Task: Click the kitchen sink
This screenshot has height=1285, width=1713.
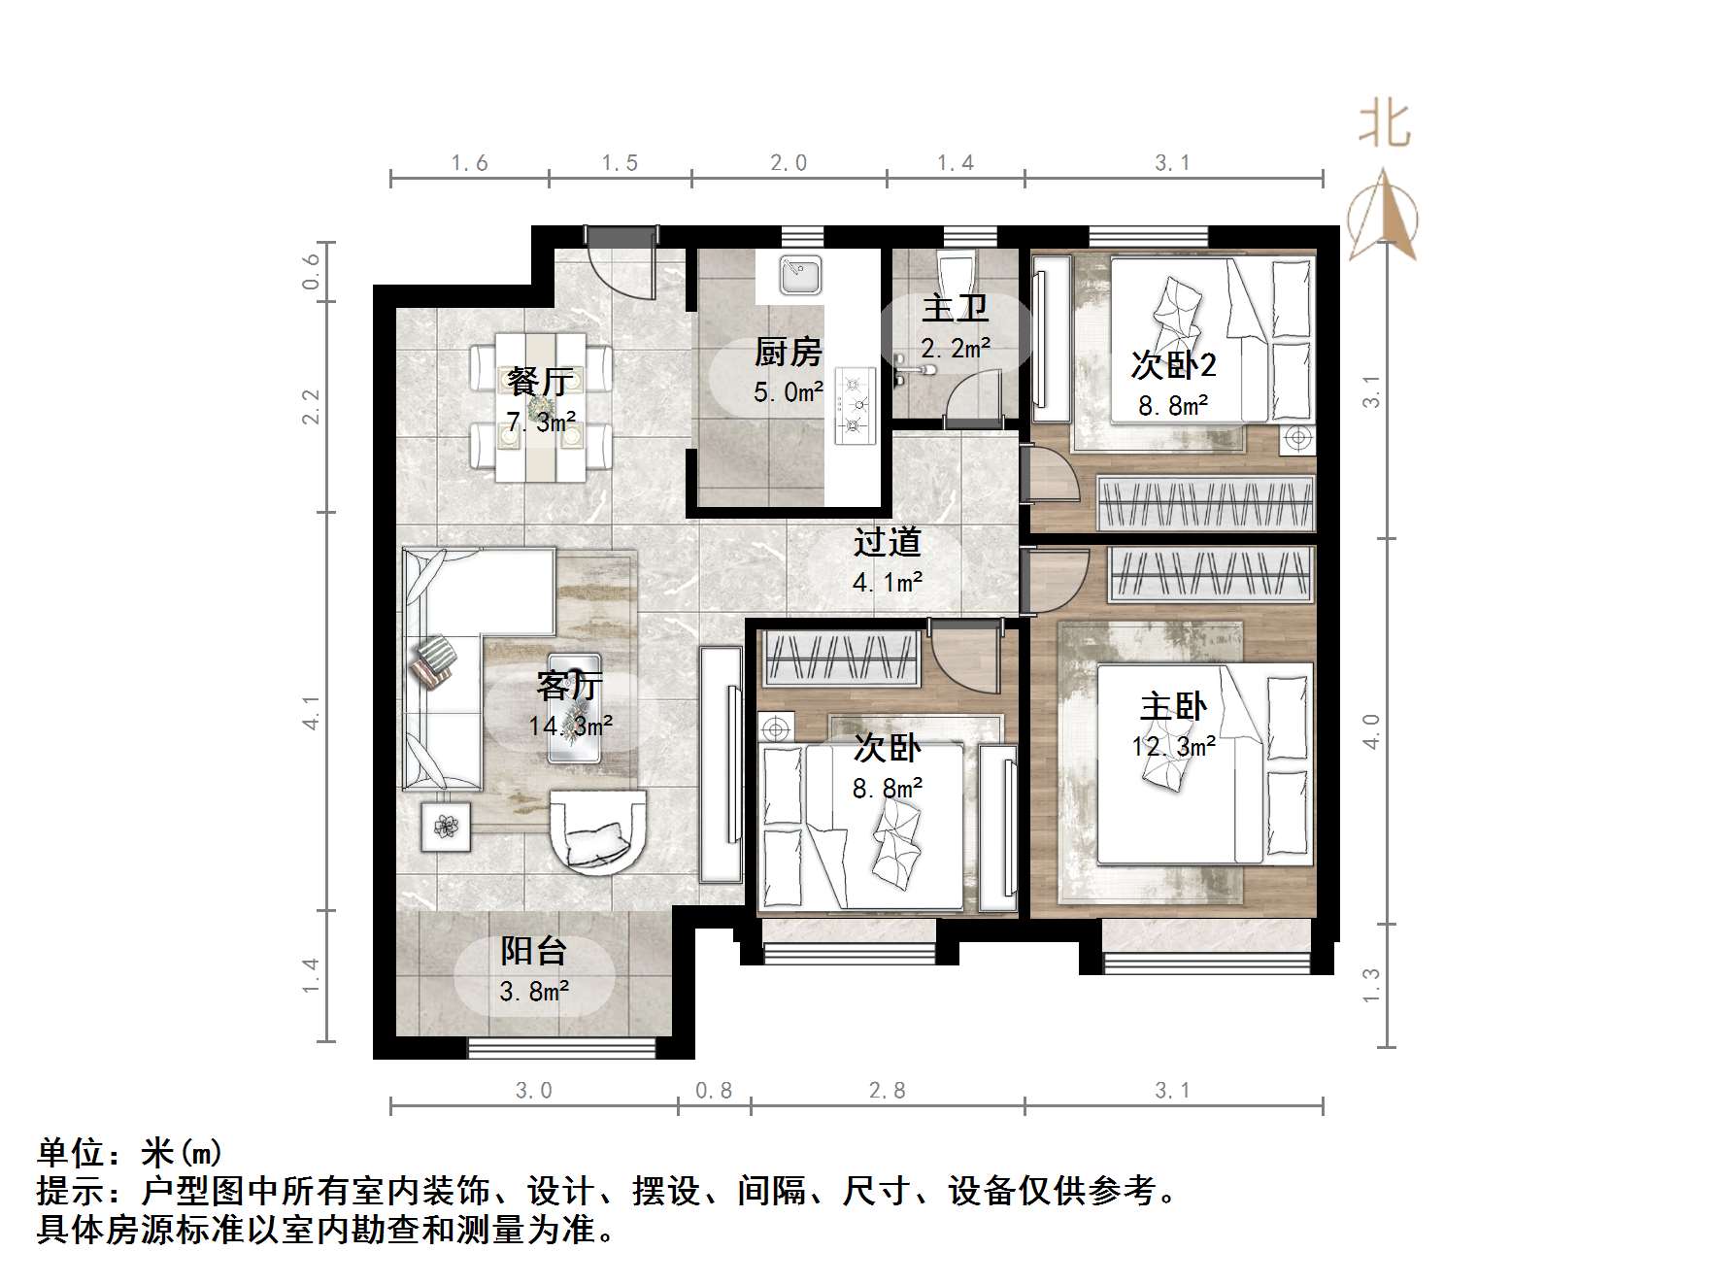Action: tap(800, 275)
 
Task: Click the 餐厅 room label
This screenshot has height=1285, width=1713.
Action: tap(540, 382)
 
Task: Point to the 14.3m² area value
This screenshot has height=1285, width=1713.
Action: tap(570, 726)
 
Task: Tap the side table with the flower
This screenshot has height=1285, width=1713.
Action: tap(446, 826)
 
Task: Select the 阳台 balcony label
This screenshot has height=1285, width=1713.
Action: tap(533, 951)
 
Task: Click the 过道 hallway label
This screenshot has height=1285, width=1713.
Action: tap(887, 542)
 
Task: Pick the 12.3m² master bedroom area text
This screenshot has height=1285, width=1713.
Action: tap(1173, 746)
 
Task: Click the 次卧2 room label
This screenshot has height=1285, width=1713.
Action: tap(1173, 365)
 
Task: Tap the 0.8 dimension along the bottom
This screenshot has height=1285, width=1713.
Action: tap(714, 1091)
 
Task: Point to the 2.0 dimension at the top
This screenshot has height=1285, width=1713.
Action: tap(789, 163)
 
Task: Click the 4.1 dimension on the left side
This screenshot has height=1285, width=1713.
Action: tap(312, 712)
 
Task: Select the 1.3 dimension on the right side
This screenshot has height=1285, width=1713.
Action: tap(1370, 986)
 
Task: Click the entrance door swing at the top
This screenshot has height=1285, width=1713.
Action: tap(621, 262)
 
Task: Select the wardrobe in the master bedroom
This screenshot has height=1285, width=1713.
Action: tap(1210, 572)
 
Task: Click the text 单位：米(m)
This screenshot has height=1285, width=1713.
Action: tap(130, 1153)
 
